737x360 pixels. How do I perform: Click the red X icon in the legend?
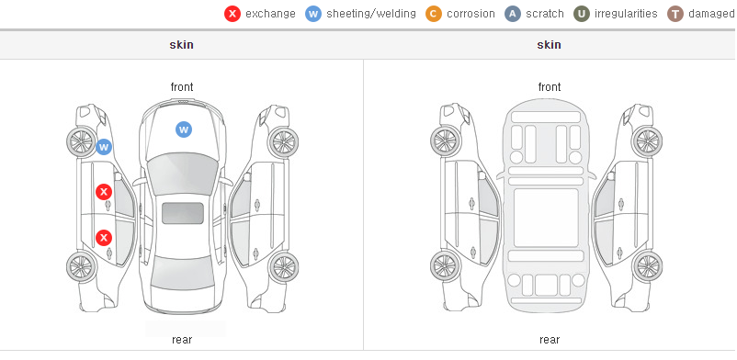coord(232,14)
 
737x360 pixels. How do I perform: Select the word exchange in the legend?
coord(270,14)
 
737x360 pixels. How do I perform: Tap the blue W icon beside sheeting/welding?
coord(313,14)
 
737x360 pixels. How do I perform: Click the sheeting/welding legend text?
coord(371,14)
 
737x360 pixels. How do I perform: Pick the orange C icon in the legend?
coord(434,14)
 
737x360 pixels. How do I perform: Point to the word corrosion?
coord(471,14)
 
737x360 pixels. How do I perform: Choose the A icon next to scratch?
coord(513,14)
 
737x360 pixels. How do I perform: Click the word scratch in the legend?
coord(545,14)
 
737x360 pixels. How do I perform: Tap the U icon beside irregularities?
coord(582,14)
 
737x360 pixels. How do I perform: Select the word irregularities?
coord(626,14)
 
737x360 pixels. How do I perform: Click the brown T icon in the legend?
coord(675,14)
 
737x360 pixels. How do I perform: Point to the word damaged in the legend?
coord(711,14)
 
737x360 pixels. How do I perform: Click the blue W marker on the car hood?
coord(184,129)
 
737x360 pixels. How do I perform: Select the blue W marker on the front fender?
coord(104,147)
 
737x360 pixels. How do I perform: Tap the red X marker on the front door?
coord(104,192)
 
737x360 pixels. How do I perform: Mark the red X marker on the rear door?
coord(104,238)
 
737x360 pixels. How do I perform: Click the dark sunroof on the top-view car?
coord(183,213)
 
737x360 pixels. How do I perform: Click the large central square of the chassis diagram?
coord(546,218)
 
